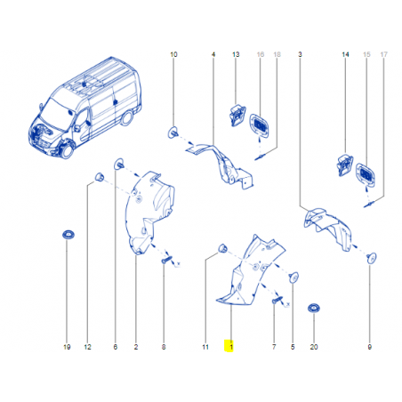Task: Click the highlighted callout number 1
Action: [x=231, y=347]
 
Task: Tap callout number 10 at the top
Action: [x=173, y=54]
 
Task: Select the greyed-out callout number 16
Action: [x=261, y=54]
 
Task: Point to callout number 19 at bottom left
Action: [x=67, y=347]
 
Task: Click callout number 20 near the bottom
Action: [x=314, y=347]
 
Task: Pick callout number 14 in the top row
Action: [x=345, y=54]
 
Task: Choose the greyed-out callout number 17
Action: [x=384, y=54]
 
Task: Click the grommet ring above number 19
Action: [x=68, y=235]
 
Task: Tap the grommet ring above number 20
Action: [x=314, y=309]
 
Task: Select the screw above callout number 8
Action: [x=166, y=260]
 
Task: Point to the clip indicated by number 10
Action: [x=173, y=133]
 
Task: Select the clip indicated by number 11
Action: [x=222, y=248]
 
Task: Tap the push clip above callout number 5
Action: [x=293, y=277]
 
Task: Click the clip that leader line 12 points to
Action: [x=100, y=177]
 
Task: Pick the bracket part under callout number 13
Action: [x=237, y=116]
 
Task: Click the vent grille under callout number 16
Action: [x=260, y=125]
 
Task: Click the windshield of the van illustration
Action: [x=54, y=115]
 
